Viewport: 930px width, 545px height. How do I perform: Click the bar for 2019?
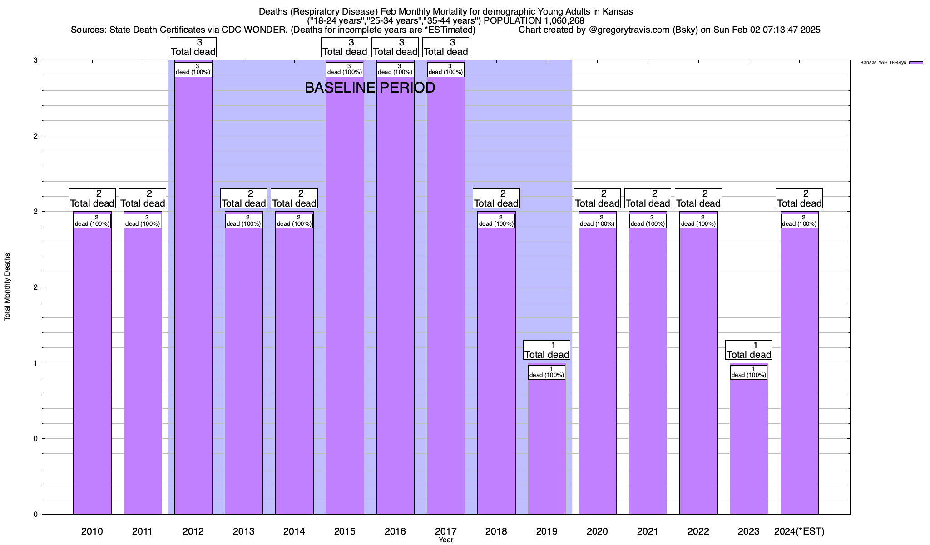[x=547, y=445]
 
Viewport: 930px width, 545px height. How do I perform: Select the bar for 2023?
[x=749, y=445]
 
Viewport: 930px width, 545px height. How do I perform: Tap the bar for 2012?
[x=193, y=295]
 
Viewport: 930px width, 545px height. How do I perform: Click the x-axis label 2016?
[x=395, y=531]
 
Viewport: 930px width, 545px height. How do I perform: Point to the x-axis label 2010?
[x=92, y=531]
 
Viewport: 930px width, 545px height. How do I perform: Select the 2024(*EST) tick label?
[x=799, y=531]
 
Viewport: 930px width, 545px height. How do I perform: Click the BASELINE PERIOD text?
[x=370, y=88]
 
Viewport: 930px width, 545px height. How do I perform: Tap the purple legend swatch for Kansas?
[x=916, y=63]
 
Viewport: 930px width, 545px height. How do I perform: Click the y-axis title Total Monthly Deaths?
[x=7, y=287]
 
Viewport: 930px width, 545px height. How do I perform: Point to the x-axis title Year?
[x=446, y=540]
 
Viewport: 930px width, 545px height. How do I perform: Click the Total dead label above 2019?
[x=547, y=350]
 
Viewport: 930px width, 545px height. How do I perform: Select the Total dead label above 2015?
[x=345, y=47]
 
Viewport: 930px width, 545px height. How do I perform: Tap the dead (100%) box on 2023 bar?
[x=749, y=372]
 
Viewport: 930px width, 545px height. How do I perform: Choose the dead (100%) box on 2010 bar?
[x=92, y=221]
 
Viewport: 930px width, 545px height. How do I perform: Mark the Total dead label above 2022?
[x=698, y=198]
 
